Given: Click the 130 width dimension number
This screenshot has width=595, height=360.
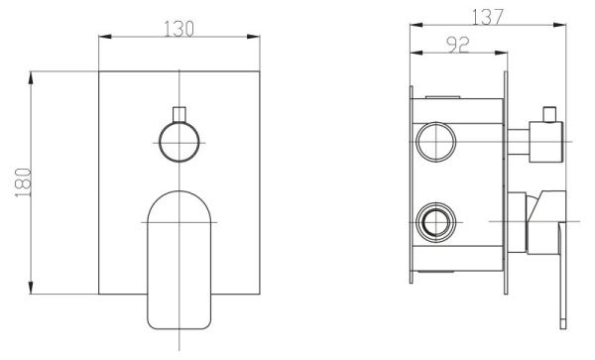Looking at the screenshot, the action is pyautogui.click(x=178, y=29).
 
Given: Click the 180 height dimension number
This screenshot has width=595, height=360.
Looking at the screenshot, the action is pyautogui.click(x=23, y=182).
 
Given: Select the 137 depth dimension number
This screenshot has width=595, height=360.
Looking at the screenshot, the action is pyautogui.click(x=488, y=17).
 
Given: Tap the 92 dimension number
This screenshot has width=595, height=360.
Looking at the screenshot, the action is pyautogui.click(x=458, y=45).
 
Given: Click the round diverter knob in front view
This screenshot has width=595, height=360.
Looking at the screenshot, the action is pyautogui.click(x=179, y=142).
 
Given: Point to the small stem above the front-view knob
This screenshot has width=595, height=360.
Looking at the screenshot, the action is pyautogui.click(x=179, y=115).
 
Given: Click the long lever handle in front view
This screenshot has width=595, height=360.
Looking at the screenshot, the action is pyautogui.click(x=179, y=260).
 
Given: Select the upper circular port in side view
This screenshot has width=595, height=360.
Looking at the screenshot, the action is pyautogui.click(x=435, y=142).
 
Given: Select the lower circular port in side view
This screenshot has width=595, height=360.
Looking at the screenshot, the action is pyautogui.click(x=435, y=222).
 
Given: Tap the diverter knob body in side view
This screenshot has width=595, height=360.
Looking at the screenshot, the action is pyautogui.click(x=546, y=142).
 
